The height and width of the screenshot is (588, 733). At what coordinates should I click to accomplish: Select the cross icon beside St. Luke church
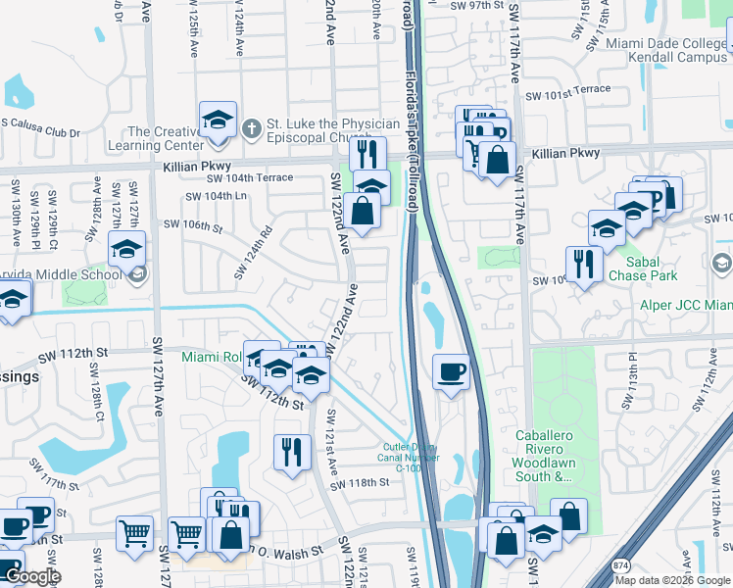251,127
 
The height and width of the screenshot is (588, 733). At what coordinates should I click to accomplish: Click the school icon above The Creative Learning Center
217,121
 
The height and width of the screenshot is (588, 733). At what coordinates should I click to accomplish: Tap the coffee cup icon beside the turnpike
451,371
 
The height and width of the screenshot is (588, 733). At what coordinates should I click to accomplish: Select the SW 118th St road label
360,484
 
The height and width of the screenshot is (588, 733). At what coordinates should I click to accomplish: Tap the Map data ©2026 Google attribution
672,580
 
